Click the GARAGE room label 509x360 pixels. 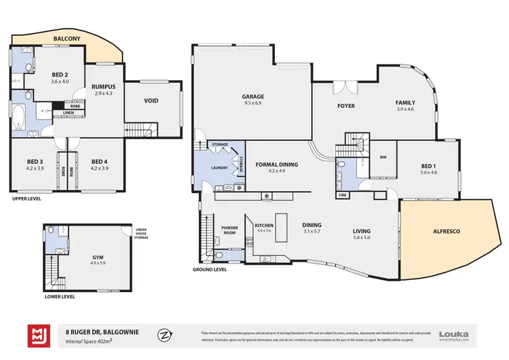coord(253,96)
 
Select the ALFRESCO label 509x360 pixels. coord(446,232)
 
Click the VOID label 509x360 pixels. coord(151,101)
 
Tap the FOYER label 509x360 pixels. coord(346,106)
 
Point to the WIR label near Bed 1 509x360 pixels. coord(382,160)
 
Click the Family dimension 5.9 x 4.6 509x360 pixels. coord(405,109)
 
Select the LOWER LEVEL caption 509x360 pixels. coord(59,296)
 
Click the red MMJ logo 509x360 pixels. coord(37,336)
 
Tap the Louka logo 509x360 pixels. coord(454,333)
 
